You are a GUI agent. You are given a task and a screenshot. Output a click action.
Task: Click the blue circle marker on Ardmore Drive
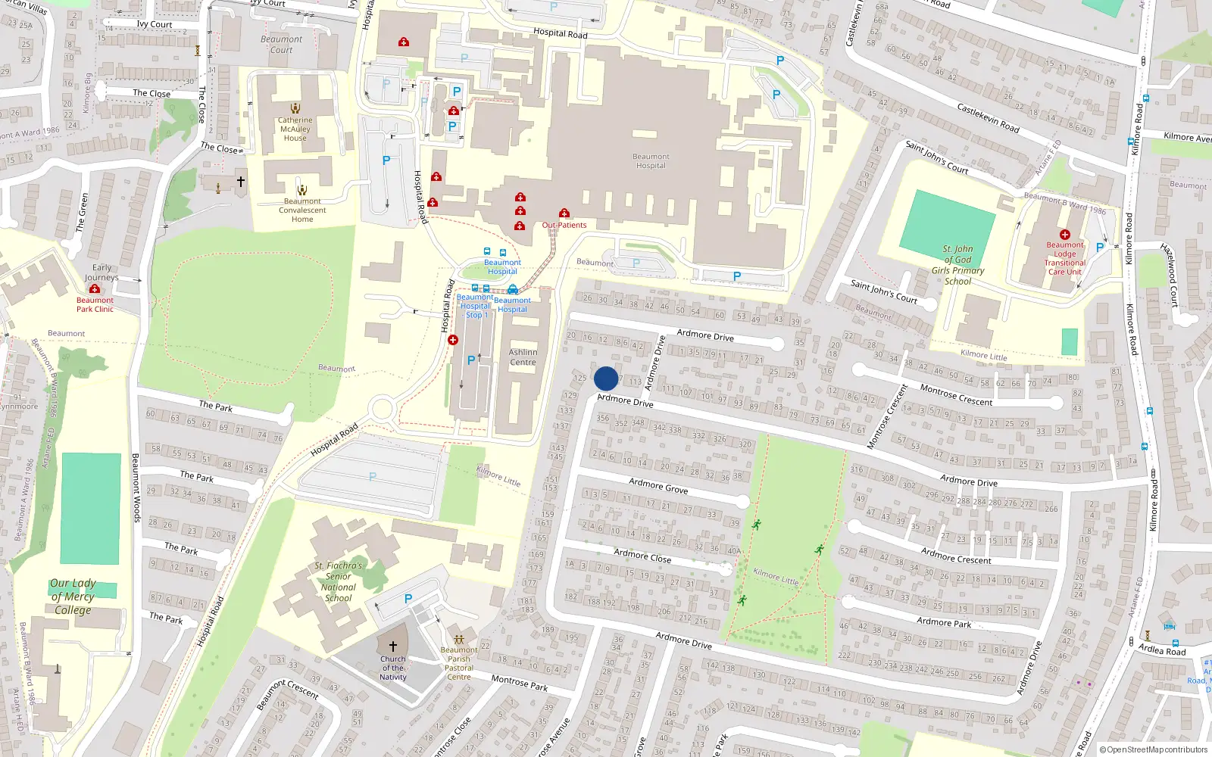click(x=606, y=378)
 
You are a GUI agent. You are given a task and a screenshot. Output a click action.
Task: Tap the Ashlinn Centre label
click(x=523, y=357)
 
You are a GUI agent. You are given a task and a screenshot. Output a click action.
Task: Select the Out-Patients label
click(x=564, y=225)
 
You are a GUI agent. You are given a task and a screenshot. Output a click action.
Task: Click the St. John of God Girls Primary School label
click(x=957, y=265)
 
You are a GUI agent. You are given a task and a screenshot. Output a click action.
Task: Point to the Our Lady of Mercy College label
click(x=73, y=597)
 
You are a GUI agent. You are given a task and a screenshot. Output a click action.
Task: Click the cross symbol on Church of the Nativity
click(x=392, y=646)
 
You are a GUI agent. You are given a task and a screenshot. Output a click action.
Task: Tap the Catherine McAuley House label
click(x=295, y=129)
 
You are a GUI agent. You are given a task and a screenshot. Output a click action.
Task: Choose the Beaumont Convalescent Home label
click(x=302, y=210)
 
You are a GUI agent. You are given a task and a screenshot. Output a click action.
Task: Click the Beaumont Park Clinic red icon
click(x=95, y=288)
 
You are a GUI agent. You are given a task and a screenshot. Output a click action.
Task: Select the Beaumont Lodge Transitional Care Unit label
click(x=1065, y=258)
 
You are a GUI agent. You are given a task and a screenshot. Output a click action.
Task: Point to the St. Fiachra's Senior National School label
click(x=339, y=581)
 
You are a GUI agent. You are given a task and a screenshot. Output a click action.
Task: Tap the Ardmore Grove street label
click(x=658, y=485)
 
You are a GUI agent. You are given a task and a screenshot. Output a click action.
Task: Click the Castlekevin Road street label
click(x=988, y=118)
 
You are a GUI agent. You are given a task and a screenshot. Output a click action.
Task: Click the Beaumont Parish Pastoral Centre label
click(x=459, y=663)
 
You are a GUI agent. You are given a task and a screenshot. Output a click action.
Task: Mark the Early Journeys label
click(x=102, y=273)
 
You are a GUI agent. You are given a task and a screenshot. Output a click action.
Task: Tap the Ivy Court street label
click(x=155, y=24)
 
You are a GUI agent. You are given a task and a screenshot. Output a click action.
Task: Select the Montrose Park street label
click(x=520, y=683)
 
